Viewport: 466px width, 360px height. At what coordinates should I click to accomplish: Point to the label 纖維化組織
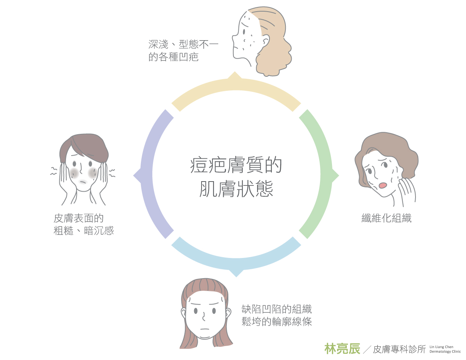(386, 218)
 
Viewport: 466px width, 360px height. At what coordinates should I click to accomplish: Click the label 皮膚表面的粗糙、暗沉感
(83, 225)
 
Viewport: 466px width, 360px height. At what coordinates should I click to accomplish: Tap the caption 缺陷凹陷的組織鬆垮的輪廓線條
(276, 315)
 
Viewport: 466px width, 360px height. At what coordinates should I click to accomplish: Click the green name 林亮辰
(342, 348)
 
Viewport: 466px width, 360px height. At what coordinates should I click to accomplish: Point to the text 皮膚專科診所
(399, 349)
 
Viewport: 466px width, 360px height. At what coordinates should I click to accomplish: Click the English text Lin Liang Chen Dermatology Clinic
(445, 349)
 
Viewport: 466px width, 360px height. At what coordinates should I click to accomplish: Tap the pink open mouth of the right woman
(383, 185)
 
